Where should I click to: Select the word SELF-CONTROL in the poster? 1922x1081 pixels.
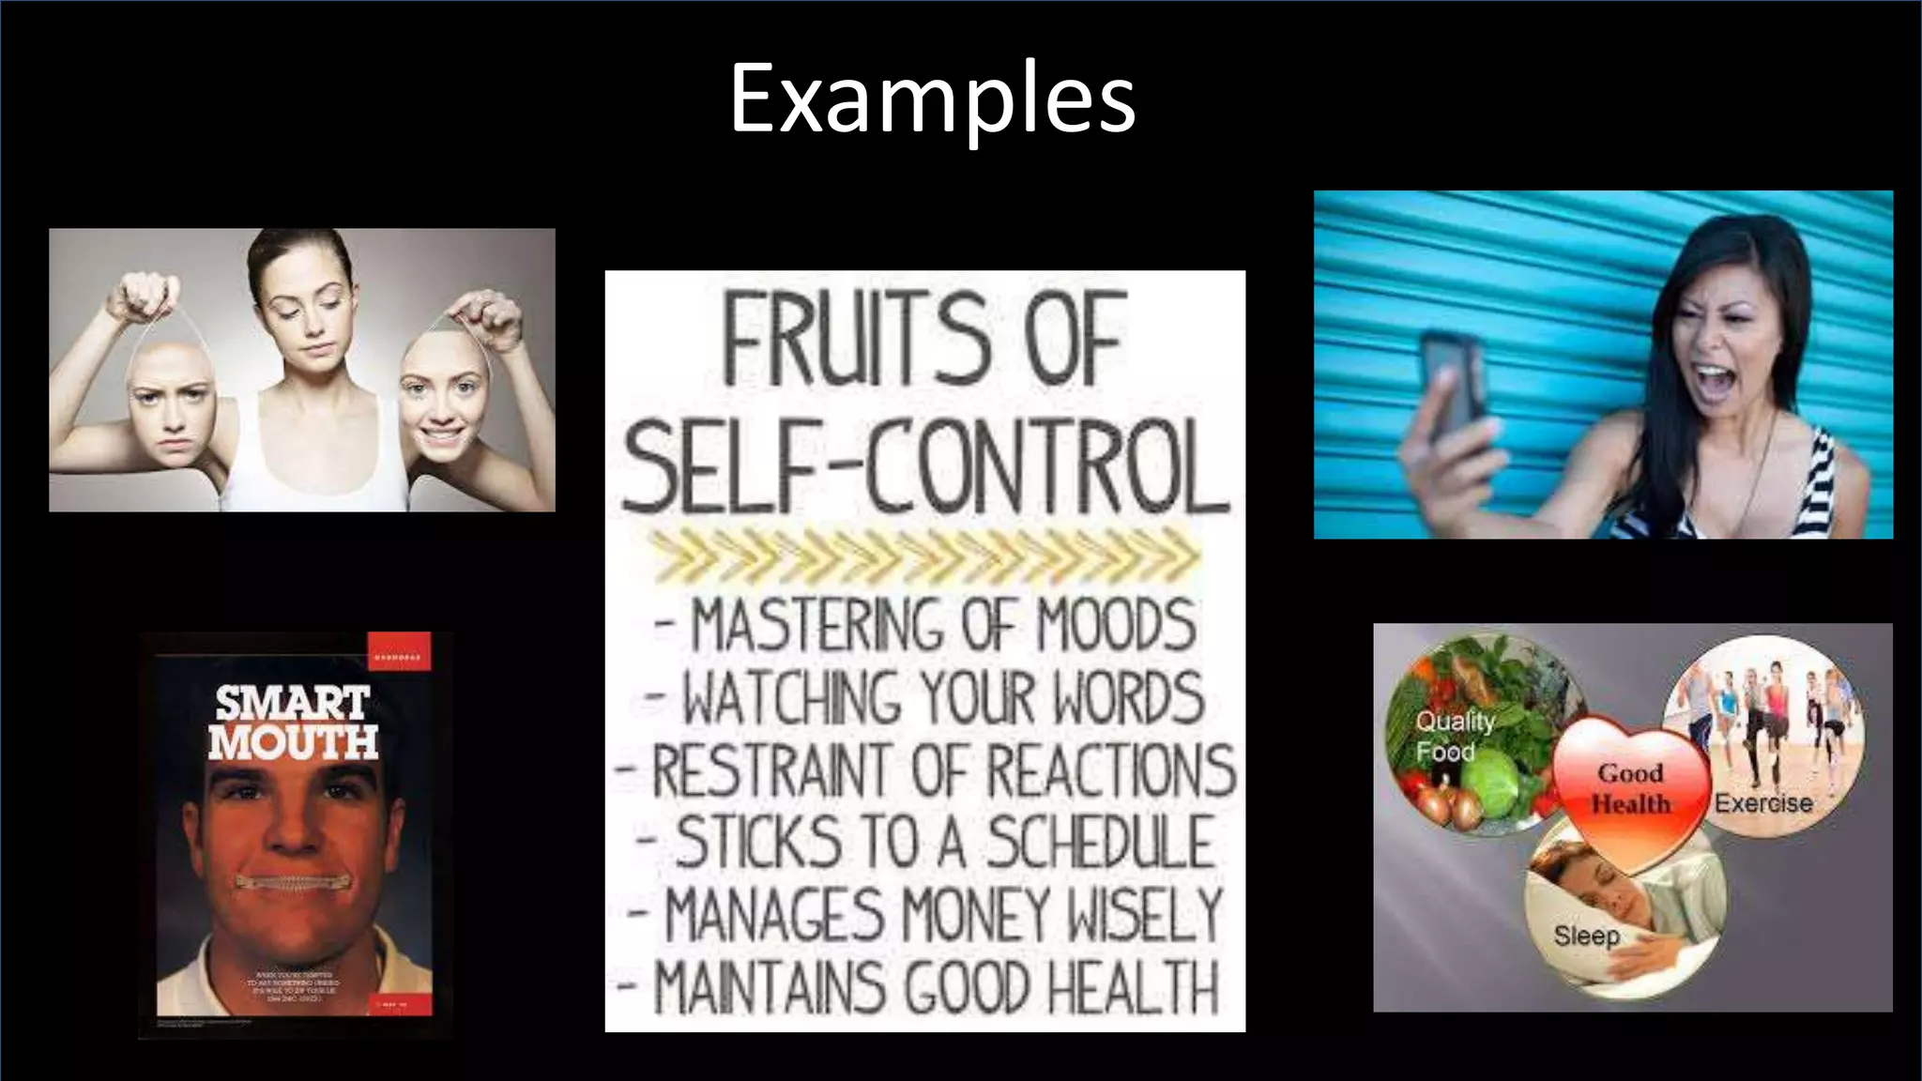(x=925, y=466)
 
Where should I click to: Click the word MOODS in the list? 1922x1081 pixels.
(x=1116, y=624)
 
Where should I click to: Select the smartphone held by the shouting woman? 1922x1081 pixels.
(x=1451, y=386)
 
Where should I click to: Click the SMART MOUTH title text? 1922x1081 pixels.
(x=293, y=723)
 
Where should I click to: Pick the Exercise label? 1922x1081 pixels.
(x=1762, y=803)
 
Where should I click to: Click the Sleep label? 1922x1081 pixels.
(x=1586, y=936)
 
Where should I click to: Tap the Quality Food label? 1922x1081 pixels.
(x=1454, y=736)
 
